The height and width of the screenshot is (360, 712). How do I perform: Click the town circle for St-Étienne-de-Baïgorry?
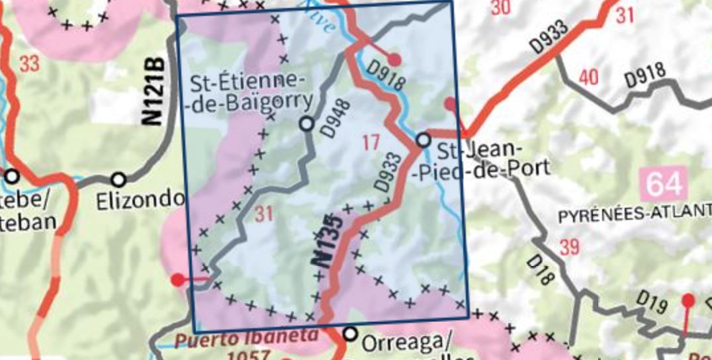point(306,123)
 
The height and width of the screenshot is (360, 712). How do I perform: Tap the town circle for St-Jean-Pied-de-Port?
point(423,140)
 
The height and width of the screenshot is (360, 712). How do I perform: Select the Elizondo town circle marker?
point(118,179)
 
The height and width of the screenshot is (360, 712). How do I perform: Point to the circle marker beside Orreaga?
point(351,333)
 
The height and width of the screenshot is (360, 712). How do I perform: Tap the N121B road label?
point(153,93)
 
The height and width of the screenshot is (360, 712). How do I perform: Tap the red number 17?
point(371,141)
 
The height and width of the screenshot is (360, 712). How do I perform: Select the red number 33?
point(30,64)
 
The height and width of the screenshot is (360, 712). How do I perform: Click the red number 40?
point(588,78)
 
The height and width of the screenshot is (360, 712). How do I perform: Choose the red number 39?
point(568,247)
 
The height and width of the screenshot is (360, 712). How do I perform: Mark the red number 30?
point(502,8)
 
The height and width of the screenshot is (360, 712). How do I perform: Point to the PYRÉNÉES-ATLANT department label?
point(635,216)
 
